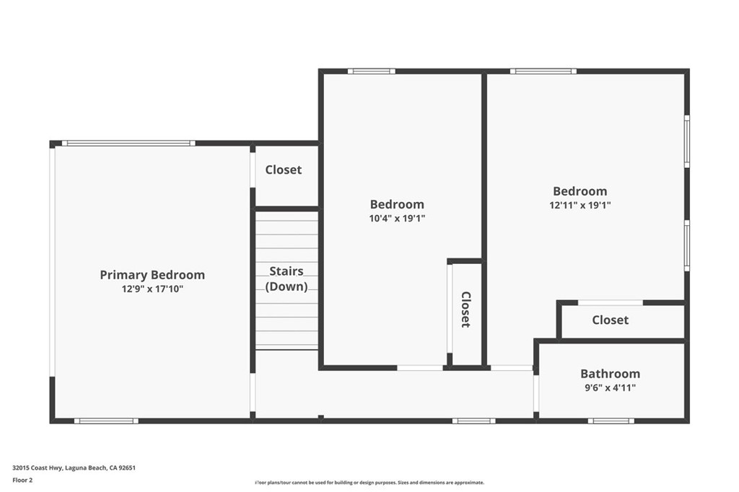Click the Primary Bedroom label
(x=152, y=275)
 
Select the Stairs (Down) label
(x=287, y=278)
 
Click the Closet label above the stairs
(x=283, y=170)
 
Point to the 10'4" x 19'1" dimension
(x=397, y=219)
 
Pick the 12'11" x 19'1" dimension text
(x=580, y=205)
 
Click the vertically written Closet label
(x=465, y=309)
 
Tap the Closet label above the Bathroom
(x=610, y=320)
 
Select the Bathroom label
(x=610, y=374)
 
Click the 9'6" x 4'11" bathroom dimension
(x=610, y=388)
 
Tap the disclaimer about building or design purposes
(x=369, y=483)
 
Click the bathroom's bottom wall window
(x=611, y=421)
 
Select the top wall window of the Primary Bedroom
(x=128, y=143)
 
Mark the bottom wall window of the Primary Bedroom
(x=105, y=421)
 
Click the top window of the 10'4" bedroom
(x=371, y=71)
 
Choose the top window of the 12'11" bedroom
(x=543, y=71)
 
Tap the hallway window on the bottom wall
(x=473, y=421)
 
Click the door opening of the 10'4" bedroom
(x=420, y=368)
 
